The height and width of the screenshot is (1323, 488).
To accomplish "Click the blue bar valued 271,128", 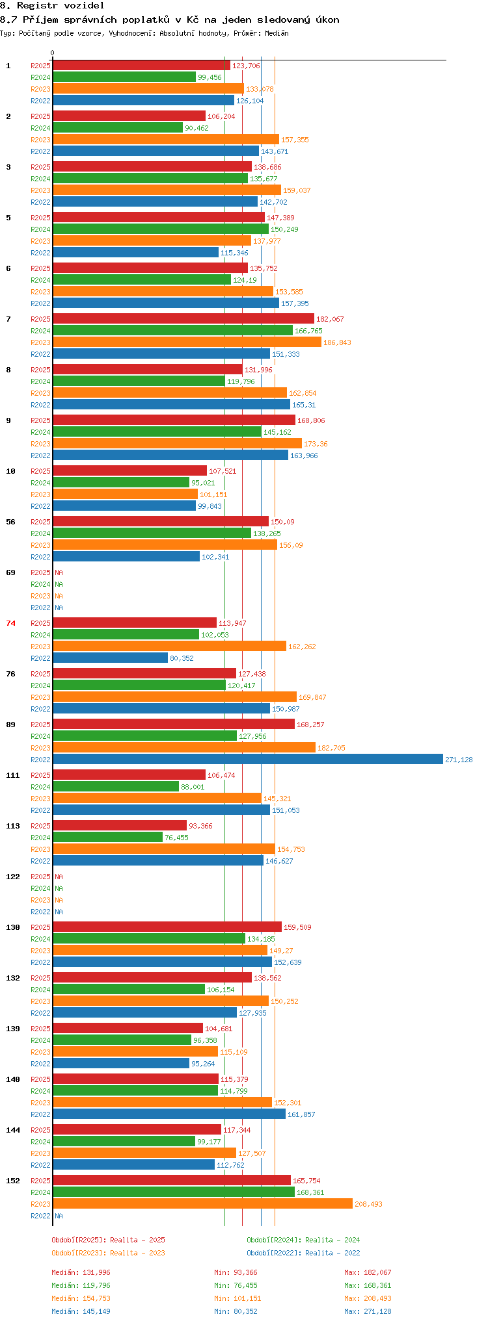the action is pyautogui.click(x=248, y=759).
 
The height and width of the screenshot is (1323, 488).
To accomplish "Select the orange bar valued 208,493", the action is pyautogui.click(x=202, y=1203).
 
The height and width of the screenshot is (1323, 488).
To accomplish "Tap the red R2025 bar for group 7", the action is pyautogui.click(x=183, y=318).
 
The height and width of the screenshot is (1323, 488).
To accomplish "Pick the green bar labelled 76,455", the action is pyautogui.click(x=107, y=837).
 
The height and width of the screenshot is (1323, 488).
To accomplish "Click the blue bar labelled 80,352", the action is pyautogui.click(x=110, y=658).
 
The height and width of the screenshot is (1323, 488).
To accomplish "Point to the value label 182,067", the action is pyautogui.click(x=330, y=319).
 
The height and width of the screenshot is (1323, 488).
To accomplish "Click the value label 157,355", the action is pyautogui.click(x=295, y=140).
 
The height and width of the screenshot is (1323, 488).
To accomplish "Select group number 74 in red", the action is pyautogui.click(x=10, y=623).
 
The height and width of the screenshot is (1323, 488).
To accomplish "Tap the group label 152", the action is pyautogui.click(x=13, y=1181).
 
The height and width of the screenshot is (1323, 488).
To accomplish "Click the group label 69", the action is pyautogui.click(x=10, y=572).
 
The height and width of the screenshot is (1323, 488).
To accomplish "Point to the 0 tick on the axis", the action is pyautogui.click(x=53, y=53).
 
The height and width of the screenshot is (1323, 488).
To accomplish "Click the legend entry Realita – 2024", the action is pyautogui.click(x=303, y=1240).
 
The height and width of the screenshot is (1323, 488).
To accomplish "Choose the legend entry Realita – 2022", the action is pyautogui.click(x=303, y=1253).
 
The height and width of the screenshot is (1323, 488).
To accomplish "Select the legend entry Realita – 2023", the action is pyautogui.click(x=108, y=1253).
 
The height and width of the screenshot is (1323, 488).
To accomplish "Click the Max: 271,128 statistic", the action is pyautogui.click(x=368, y=1311).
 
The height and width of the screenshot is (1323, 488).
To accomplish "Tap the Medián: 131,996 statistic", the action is pyautogui.click(x=81, y=1272).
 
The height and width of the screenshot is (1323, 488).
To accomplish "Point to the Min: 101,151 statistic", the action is pyautogui.click(x=237, y=1298).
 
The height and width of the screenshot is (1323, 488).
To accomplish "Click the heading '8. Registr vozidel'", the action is pyautogui.click(x=52, y=5).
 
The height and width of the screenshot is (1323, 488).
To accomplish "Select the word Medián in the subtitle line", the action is pyautogui.click(x=277, y=33).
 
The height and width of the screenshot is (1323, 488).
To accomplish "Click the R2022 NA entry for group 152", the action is pyautogui.click(x=47, y=1216).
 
